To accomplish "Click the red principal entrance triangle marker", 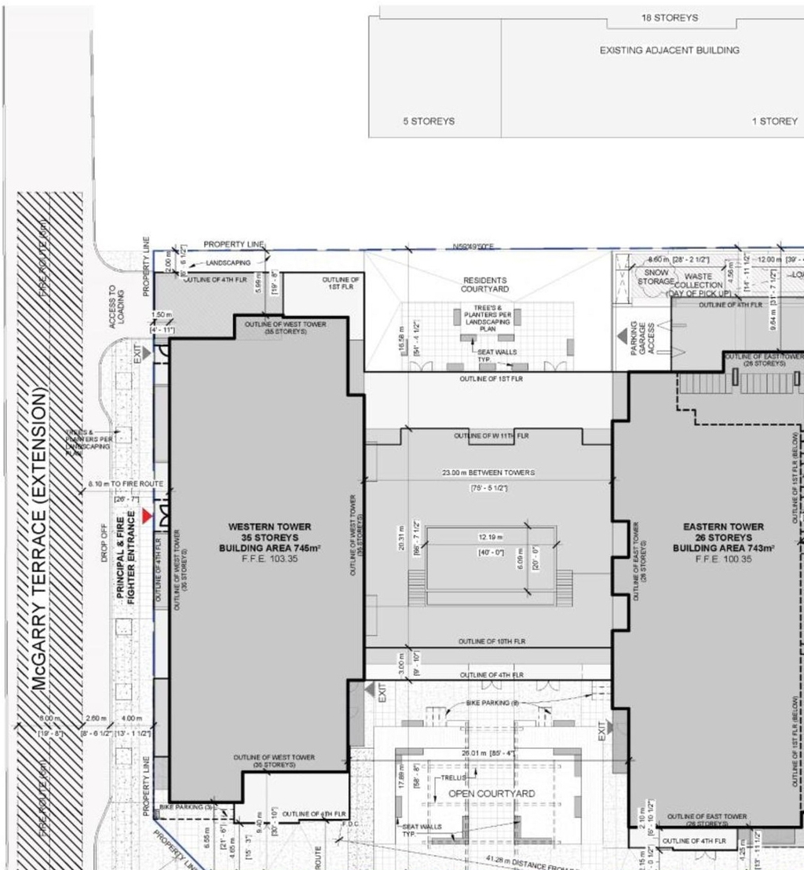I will (146, 516).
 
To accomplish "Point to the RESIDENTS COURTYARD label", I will (484, 284).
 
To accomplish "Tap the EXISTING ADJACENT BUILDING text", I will (669, 50).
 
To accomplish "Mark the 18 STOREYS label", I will (669, 18).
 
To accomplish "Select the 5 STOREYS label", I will (429, 121).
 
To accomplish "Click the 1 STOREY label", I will (774, 121).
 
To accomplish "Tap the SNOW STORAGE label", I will (656, 277).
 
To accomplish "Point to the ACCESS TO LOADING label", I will (116, 307).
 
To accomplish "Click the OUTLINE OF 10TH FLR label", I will (492, 642).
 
